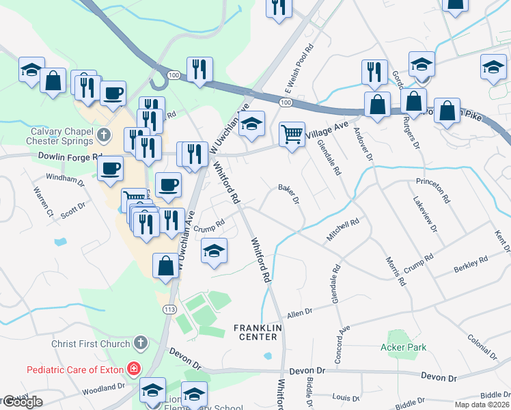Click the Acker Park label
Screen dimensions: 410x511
point(403,347)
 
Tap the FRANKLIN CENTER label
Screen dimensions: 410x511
point(255,332)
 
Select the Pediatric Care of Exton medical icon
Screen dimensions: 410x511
point(135,370)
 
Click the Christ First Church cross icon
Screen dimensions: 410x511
point(141,341)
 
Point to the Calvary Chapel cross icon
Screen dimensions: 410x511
point(104,135)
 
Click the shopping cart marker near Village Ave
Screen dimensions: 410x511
point(292,134)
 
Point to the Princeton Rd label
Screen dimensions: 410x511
point(434,191)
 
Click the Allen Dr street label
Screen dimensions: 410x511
point(299,312)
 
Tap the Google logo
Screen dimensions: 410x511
point(23,402)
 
